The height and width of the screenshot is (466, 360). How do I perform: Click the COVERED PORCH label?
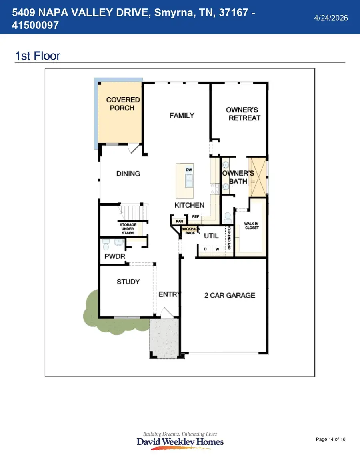click(123, 104)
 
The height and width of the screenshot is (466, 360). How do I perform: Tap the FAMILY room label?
click(182, 116)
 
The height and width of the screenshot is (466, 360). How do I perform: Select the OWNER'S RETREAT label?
click(243, 114)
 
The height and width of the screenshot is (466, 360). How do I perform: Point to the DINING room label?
click(128, 174)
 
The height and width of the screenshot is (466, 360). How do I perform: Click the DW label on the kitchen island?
click(189, 170)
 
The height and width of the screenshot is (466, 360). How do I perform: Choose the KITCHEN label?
click(189, 205)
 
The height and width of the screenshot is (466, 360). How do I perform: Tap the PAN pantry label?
click(179, 221)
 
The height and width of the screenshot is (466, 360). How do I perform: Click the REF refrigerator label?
click(196, 216)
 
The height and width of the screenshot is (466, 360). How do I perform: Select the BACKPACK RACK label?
click(189, 231)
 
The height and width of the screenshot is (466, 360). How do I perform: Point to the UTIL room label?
click(211, 236)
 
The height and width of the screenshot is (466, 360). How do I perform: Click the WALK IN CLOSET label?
click(252, 226)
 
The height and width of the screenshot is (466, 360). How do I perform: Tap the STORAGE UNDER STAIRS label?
click(128, 229)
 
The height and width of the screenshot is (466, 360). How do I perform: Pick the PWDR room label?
click(113, 257)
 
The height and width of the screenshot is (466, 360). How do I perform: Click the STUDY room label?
click(128, 282)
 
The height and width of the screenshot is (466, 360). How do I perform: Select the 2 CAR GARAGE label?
click(229, 296)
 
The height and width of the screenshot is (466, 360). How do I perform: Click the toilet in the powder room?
click(106, 243)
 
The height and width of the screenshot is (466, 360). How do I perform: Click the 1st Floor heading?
click(38, 56)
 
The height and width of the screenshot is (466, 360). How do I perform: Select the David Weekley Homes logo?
click(180, 441)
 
